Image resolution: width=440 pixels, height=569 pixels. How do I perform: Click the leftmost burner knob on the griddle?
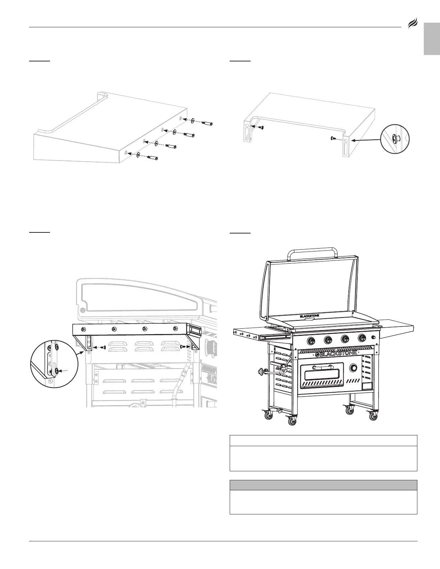tap(310, 339)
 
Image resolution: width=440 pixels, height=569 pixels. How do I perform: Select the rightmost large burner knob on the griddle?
tap(362, 338)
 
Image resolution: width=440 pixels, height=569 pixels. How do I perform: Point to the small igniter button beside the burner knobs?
tap(374, 337)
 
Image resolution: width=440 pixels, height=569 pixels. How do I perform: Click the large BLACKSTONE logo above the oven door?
tap(336, 353)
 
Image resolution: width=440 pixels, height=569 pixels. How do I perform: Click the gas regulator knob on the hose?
tap(260, 372)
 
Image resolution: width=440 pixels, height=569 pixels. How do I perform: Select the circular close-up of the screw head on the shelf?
tap(395, 138)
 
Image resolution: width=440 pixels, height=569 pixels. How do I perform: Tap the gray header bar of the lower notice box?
tap(323, 485)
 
